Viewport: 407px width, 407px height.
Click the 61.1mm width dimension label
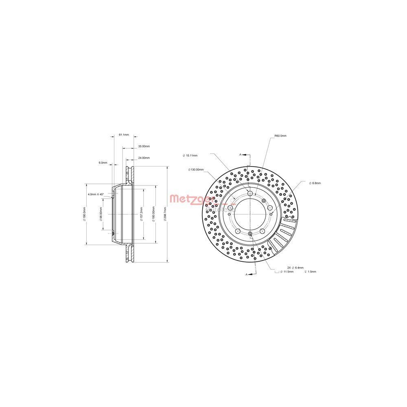pyautogui.click(x=124, y=134)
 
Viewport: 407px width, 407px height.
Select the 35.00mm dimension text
pyautogui.click(x=144, y=146)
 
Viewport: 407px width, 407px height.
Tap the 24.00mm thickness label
pyautogui.click(x=144, y=158)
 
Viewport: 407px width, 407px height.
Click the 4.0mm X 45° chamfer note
pyautogui.click(x=96, y=195)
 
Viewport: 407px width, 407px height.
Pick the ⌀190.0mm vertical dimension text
pyautogui.click(x=84, y=213)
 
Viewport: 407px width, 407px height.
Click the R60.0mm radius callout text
pyautogui.click(x=280, y=136)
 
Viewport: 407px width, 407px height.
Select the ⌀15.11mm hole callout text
pyautogui.click(x=190, y=155)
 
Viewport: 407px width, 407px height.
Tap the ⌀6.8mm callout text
pyautogui.click(x=315, y=183)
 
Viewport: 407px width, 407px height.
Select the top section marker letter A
pyautogui.click(x=241, y=155)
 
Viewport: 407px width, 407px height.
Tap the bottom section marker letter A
pyautogui.click(x=246, y=275)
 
